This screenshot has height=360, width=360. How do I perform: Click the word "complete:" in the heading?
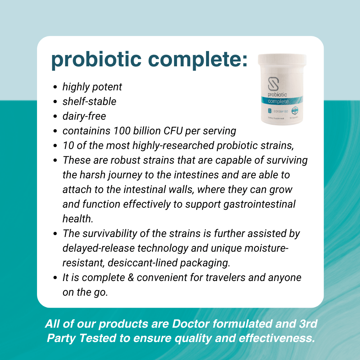coord(198,60)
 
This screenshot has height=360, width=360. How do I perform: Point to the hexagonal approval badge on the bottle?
coord(295,111)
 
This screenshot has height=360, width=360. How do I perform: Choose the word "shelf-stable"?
coord(89,101)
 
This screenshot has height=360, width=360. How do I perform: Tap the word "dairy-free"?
coord(84,116)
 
